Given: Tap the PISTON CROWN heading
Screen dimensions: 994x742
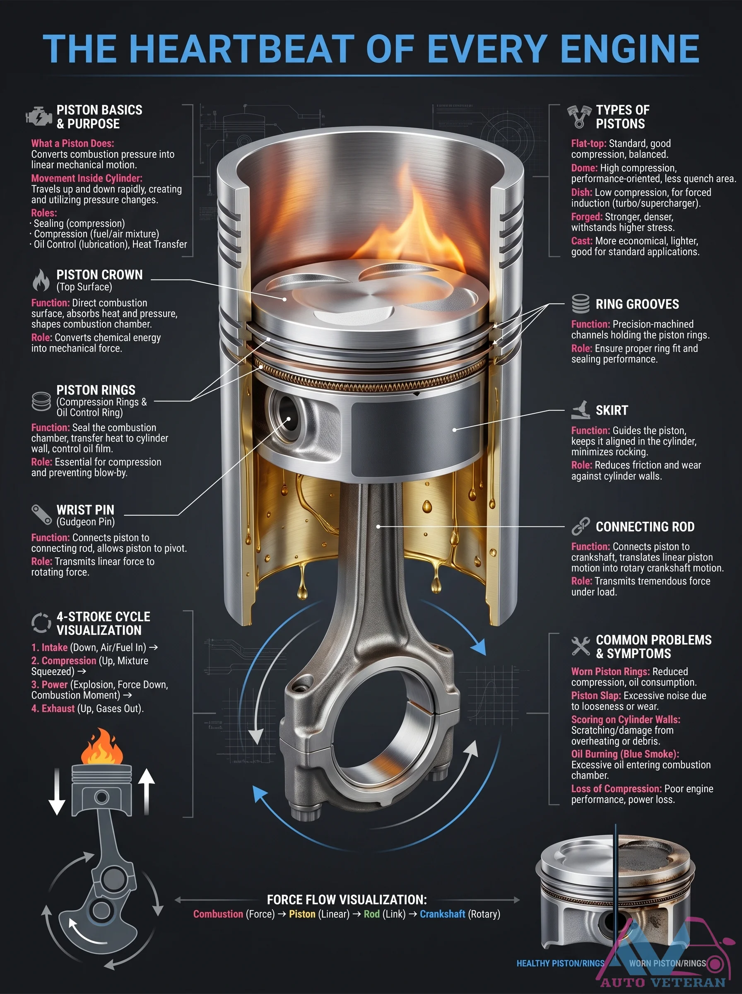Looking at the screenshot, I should pos(99,275).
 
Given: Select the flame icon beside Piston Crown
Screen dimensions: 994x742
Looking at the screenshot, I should pos(41,280).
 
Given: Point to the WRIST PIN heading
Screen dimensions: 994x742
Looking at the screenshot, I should pos(85,510).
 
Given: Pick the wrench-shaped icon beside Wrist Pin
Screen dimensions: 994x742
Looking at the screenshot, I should pos(41,515).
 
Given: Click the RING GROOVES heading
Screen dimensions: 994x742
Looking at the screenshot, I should pos(637,304).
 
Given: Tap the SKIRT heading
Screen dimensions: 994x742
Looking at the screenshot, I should pos(612,410).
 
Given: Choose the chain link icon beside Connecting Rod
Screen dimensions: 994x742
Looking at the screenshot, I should pos(580,526).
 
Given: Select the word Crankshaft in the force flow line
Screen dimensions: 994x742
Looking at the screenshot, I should pos(442,914).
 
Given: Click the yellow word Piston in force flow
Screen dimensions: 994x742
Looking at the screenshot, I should pos(302,914).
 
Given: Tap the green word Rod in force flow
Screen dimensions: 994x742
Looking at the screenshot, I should pos(371,914).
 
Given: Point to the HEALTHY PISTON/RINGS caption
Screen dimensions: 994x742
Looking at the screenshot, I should pos(560,963).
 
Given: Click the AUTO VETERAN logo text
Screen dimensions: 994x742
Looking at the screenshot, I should pos(663,982).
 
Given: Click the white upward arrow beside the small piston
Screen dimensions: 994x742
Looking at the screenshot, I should pos(147,791).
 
